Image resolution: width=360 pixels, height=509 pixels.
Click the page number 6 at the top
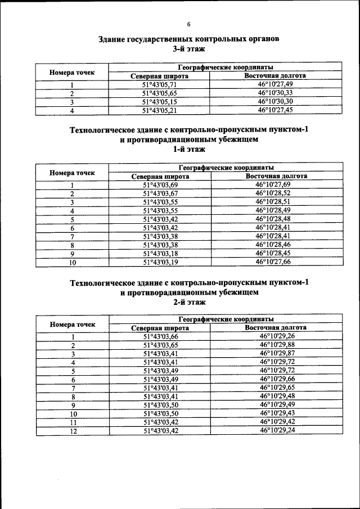[188, 24]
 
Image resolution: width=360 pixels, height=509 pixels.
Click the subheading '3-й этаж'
[188, 49]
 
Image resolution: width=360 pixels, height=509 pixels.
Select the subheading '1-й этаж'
[188, 149]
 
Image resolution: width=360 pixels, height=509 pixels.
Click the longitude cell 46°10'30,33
[275, 93]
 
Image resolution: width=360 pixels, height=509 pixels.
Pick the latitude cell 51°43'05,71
[160, 84]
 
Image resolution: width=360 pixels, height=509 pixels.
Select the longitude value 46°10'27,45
[275, 110]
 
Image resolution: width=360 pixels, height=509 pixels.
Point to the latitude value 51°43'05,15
[160, 102]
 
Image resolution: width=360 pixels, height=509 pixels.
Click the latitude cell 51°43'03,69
[160, 184]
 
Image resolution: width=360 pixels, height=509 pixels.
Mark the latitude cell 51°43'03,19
[160, 262]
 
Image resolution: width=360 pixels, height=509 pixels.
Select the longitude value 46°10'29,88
[277, 345]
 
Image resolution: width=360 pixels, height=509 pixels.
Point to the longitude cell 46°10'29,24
[277, 430]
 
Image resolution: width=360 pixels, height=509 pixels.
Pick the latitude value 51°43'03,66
[160, 336]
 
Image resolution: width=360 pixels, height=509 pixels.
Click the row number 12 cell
[73, 430]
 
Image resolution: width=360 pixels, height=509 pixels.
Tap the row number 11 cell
[73, 422]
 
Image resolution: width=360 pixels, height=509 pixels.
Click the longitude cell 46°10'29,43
[277, 413]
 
